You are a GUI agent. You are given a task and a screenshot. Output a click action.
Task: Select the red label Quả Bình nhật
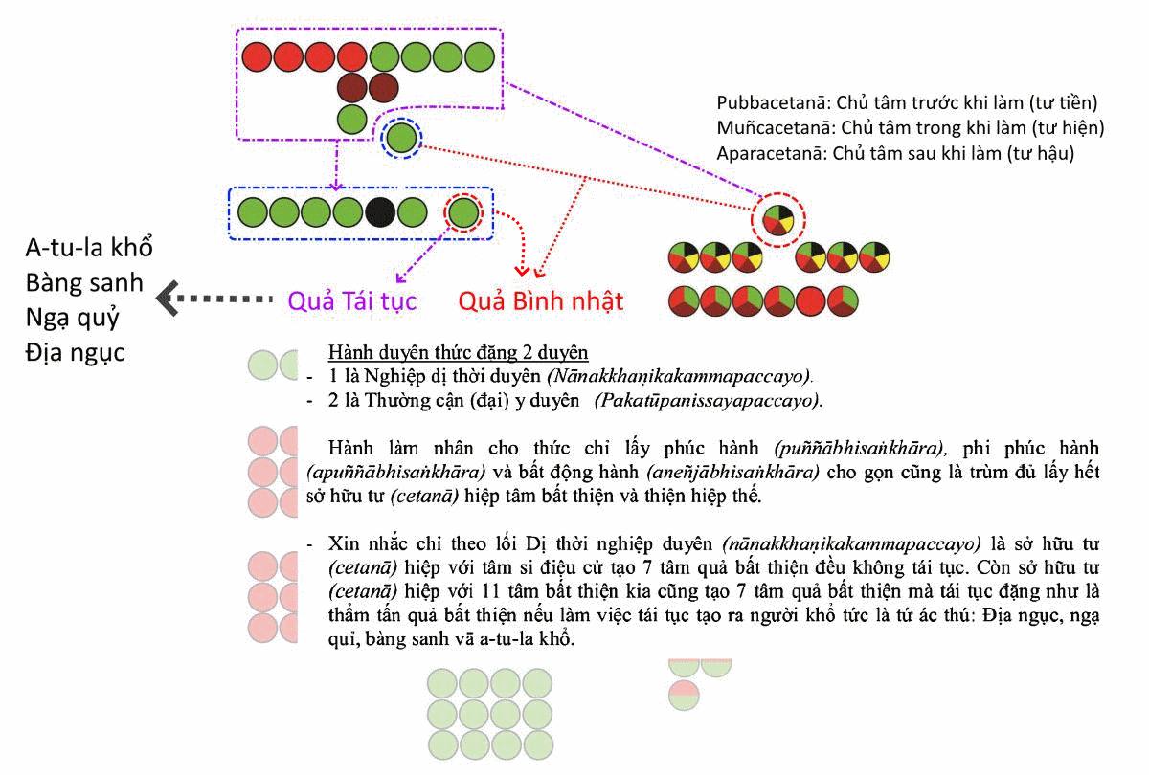click(x=540, y=301)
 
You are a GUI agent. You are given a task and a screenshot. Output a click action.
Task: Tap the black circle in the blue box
click(x=380, y=210)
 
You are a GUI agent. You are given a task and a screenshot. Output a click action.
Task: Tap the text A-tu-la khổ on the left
click(x=89, y=247)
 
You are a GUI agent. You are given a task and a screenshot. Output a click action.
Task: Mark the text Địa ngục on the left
click(x=76, y=352)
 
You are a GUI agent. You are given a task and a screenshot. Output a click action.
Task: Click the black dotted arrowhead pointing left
click(x=169, y=299)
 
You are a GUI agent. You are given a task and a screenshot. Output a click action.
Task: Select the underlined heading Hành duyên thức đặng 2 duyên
click(x=458, y=351)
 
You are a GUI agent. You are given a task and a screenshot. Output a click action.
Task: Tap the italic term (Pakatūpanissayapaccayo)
click(x=707, y=399)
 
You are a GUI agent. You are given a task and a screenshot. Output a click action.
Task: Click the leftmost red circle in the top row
click(x=257, y=57)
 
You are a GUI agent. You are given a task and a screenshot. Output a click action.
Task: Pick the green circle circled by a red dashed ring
click(x=463, y=211)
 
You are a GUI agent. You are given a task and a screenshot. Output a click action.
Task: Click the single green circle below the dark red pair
click(x=352, y=120)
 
